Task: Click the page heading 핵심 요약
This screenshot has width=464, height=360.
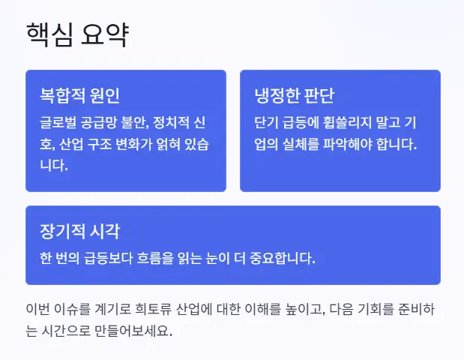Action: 77,35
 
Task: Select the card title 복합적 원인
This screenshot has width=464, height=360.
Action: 79,96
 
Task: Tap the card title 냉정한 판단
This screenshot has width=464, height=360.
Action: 294,96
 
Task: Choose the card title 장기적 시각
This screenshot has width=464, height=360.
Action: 79,230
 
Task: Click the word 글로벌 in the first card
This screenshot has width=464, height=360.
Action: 58,121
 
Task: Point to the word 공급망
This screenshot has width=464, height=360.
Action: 99,121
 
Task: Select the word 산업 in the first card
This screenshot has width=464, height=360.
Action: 75,143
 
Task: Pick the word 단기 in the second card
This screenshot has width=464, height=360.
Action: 267,121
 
